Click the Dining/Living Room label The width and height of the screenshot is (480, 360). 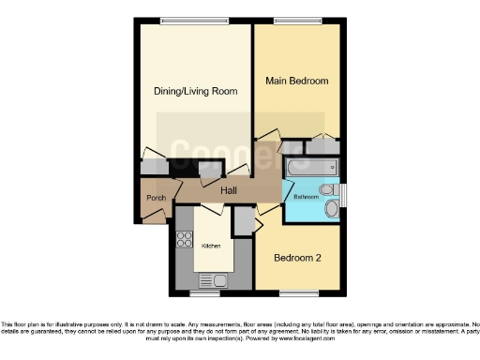point(195,91)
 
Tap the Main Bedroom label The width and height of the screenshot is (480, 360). point(296,81)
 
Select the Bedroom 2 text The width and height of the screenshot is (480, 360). point(297,256)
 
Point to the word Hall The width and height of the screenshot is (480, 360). point(228,191)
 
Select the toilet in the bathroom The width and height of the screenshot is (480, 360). point(328,189)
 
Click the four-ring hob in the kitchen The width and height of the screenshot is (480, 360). point(185,240)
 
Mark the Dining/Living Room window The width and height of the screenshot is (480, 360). point(195,22)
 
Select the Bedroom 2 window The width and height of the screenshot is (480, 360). point(298,293)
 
